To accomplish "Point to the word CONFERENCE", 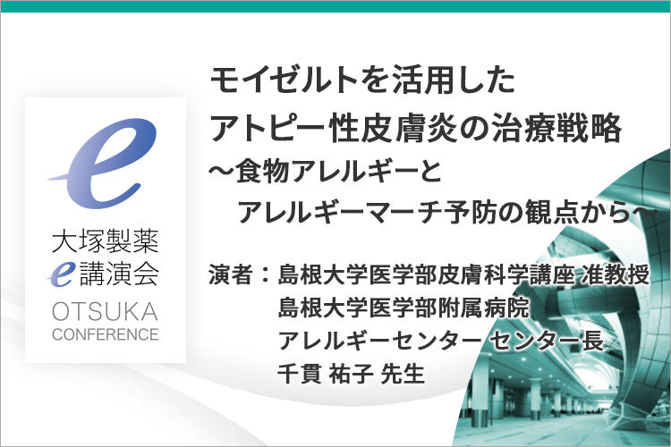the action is [106, 334].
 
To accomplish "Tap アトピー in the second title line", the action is [268, 128].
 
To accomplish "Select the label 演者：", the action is [239, 274].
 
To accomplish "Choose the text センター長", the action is [547, 341].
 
